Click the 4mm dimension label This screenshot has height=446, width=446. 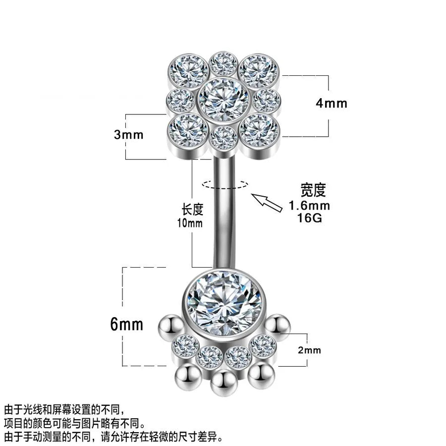click(332, 104)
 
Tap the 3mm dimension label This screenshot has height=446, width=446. click(128, 134)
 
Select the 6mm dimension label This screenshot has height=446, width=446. click(126, 324)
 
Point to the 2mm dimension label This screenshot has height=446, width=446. click(309, 350)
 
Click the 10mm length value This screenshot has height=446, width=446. click(190, 223)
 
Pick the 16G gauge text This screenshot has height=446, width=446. click(309, 218)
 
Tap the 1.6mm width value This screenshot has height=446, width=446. click(309, 205)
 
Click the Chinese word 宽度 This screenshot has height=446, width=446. click(313, 190)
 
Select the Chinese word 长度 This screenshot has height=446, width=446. click(193, 210)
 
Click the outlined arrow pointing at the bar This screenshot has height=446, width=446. click(267, 202)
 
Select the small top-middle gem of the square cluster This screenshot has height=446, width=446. click(223, 64)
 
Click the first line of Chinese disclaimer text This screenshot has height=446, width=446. click(64, 410)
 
